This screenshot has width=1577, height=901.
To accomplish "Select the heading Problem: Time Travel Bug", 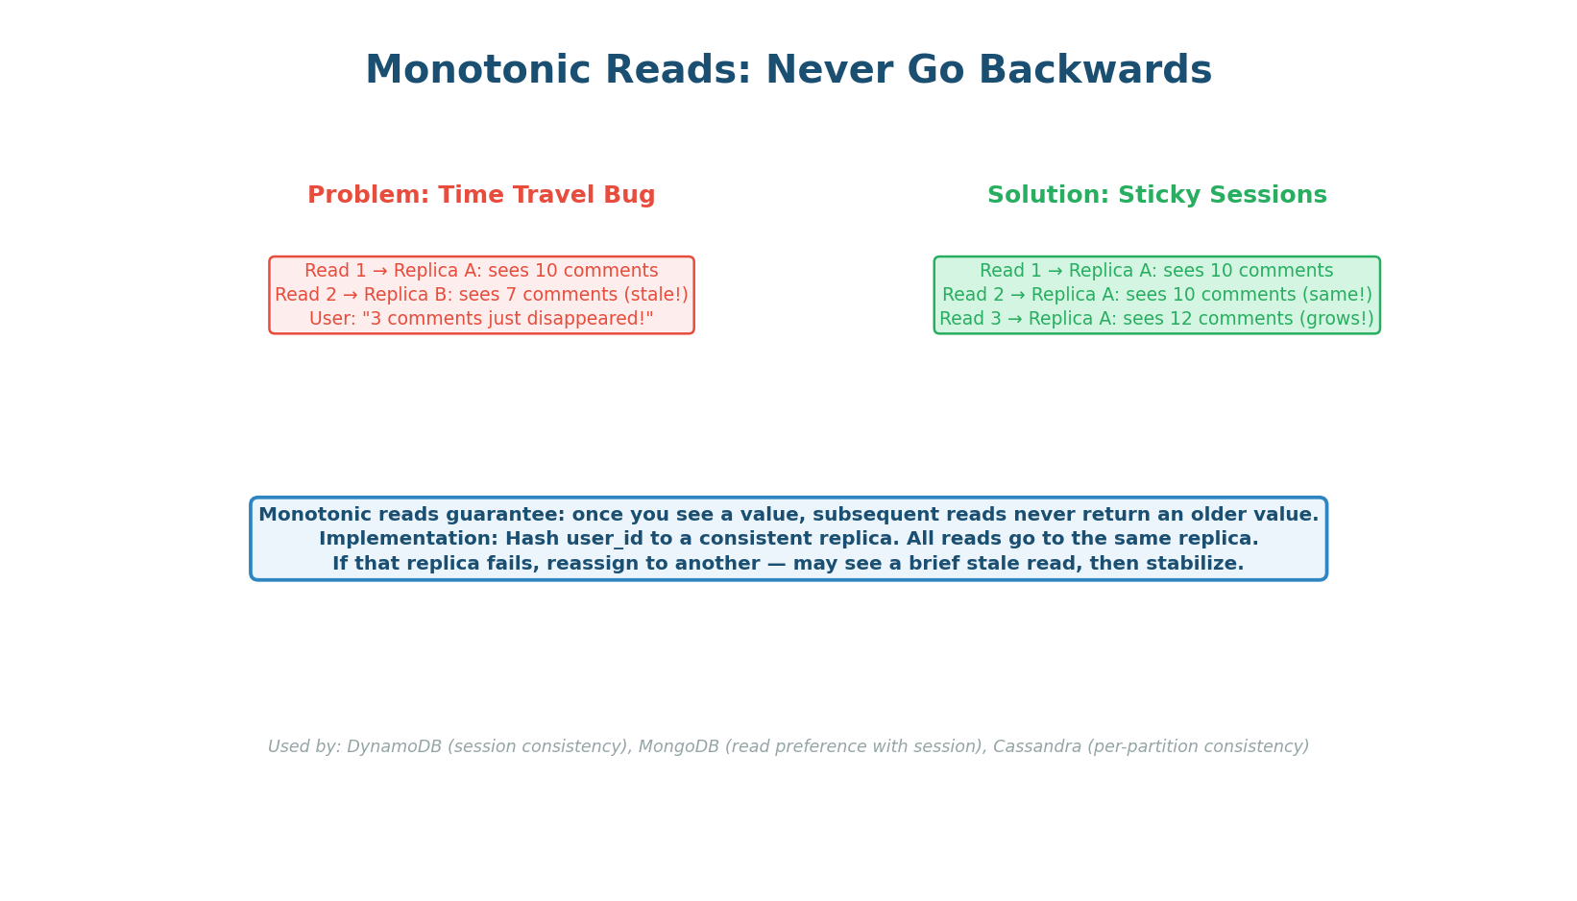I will pyautogui.click(x=481, y=196).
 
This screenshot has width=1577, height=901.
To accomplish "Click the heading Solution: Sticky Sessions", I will pyautogui.click(x=1156, y=196).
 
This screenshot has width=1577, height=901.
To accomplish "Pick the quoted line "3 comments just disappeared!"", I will pyautogui.click(x=508, y=319).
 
